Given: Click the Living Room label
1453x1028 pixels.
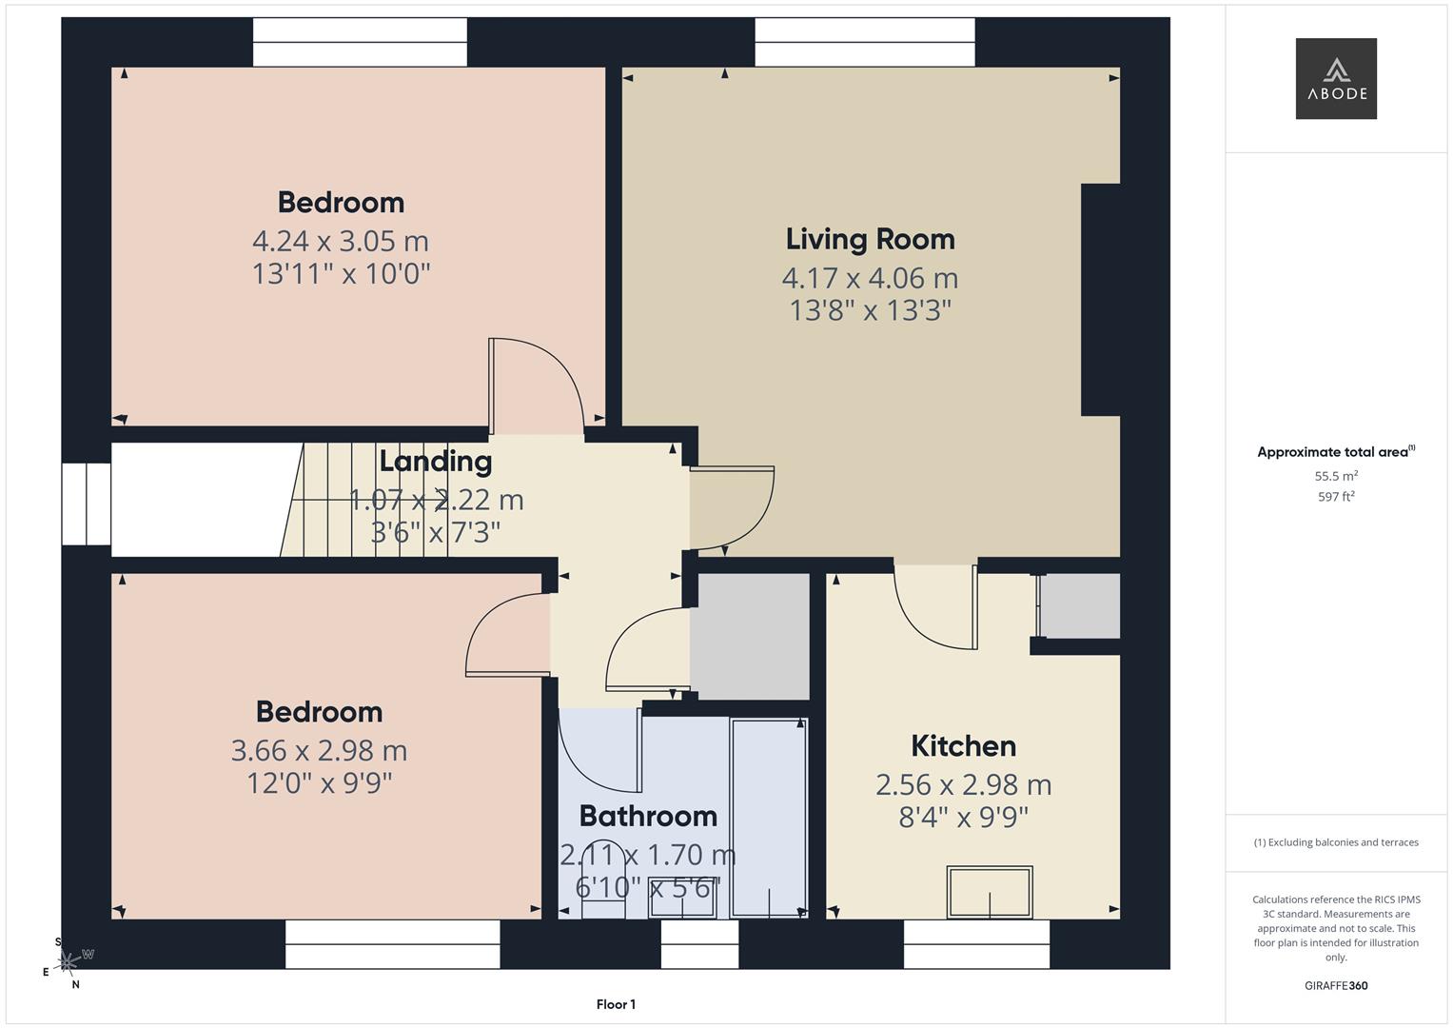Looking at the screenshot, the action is tap(870, 240).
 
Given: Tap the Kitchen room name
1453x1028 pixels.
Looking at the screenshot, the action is tap(963, 746).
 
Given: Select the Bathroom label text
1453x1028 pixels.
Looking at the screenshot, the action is tap(648, 817).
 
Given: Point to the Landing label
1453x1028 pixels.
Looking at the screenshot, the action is tap(435, 462).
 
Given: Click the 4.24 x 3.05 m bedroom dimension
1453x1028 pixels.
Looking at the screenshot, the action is tap(341, 242).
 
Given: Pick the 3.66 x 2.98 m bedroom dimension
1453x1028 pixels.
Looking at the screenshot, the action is tap(319, 751).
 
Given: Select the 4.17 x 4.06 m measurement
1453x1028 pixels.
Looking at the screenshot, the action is tap(870, 278).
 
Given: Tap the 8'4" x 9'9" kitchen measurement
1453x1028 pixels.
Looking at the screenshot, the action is tap(963, 817).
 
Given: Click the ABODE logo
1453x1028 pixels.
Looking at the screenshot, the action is tap(1336, 78).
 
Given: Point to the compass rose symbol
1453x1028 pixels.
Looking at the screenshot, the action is tap(68, 962).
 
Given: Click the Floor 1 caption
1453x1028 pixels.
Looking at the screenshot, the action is tap(616, 1004).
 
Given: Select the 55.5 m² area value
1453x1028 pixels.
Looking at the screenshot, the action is tap(1336, 476).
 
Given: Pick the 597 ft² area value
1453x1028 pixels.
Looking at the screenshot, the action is tap(1336, 497).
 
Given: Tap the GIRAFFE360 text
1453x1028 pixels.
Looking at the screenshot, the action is tap(1336, 985).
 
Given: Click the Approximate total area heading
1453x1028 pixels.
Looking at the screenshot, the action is tap(1336, 452).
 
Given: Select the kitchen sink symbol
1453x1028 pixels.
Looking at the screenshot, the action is tap(990, 892).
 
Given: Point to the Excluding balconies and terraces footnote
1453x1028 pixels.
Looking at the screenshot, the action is tap(1336, 842).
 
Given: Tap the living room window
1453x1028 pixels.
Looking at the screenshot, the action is tap(865, 42).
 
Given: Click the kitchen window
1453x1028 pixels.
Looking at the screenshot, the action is tap(976, 944).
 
